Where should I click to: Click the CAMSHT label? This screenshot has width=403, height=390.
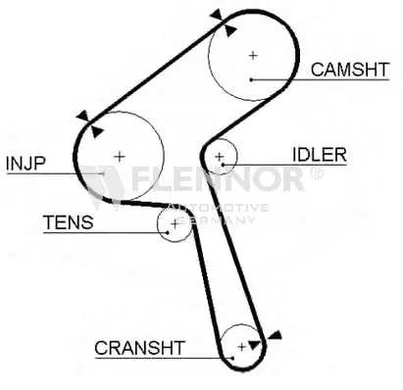350,70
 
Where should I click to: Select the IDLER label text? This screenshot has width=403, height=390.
320,155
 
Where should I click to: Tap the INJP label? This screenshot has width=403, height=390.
25,163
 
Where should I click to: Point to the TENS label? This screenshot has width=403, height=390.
69,222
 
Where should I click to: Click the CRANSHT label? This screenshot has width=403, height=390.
139,348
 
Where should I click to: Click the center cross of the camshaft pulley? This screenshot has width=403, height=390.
253,56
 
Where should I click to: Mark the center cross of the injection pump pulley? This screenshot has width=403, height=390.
120,157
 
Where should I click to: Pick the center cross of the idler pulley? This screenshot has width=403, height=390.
220,157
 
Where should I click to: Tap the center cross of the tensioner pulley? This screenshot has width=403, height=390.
175,224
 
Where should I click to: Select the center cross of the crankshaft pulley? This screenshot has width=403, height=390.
241,347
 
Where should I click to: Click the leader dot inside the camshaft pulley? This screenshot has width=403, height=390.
251,79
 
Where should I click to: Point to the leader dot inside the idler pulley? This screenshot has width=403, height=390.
223,165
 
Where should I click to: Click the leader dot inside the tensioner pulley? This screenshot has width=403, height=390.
168,232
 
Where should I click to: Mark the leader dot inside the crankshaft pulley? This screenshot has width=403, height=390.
232,358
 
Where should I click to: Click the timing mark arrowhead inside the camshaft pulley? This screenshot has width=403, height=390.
230,30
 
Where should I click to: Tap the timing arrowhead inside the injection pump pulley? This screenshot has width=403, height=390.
96,131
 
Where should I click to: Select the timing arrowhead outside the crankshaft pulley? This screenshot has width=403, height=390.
275,335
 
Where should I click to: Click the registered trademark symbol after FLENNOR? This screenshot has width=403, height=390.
316,173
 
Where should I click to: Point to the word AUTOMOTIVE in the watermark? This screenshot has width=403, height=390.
219,208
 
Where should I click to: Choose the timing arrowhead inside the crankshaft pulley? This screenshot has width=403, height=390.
254,345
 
